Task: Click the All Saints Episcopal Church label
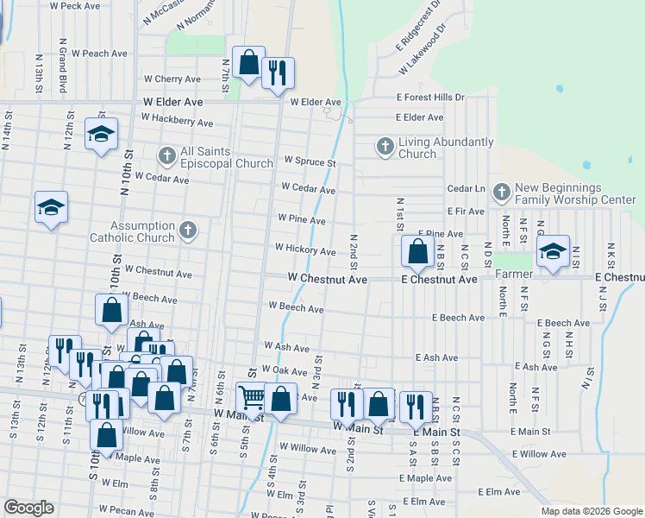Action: tap(205, 156)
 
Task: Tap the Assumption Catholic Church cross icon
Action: tap(190, 231)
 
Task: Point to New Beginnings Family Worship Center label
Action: tap(575, 193)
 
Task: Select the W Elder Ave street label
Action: tap(173, 102)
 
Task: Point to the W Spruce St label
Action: tap(310, 162)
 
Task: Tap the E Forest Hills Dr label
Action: tap(430, 98)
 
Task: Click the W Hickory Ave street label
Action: tap(305, 250)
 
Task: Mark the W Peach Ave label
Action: tap(99, 54)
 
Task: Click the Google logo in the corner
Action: tap(28, 508)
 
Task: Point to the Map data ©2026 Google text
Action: tap(591, 511)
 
